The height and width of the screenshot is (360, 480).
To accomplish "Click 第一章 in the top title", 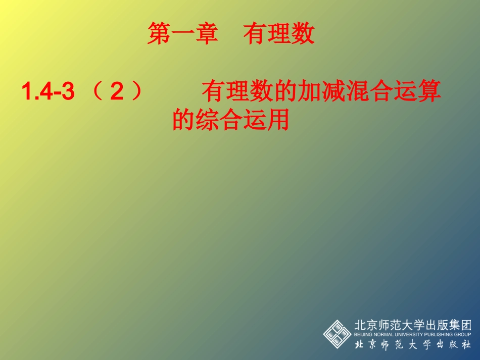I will tap(182, 35).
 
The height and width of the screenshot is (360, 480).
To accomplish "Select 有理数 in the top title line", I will tap(279, 35).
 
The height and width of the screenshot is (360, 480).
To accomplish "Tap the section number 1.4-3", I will tap(48, 92).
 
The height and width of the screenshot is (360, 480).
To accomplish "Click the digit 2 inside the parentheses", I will tap(117, 92).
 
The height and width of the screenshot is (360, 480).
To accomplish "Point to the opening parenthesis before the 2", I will tap(98, 92).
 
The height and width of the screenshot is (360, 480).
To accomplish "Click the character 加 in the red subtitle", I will tap(309, 92).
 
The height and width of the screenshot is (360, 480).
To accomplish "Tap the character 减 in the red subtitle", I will tap(335, 92).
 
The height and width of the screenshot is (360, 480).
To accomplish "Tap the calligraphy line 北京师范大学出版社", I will tap(413, 345).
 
